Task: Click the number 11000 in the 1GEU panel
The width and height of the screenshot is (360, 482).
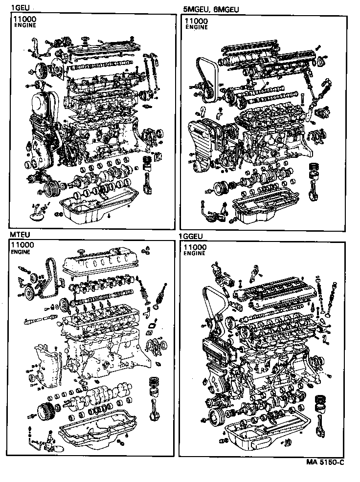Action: coord(24,20)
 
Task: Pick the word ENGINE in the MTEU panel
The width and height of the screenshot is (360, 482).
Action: coord(21,252)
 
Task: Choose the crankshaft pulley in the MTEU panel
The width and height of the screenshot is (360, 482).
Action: coord(45,411)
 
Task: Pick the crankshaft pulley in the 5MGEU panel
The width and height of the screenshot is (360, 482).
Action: coord(221,187)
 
